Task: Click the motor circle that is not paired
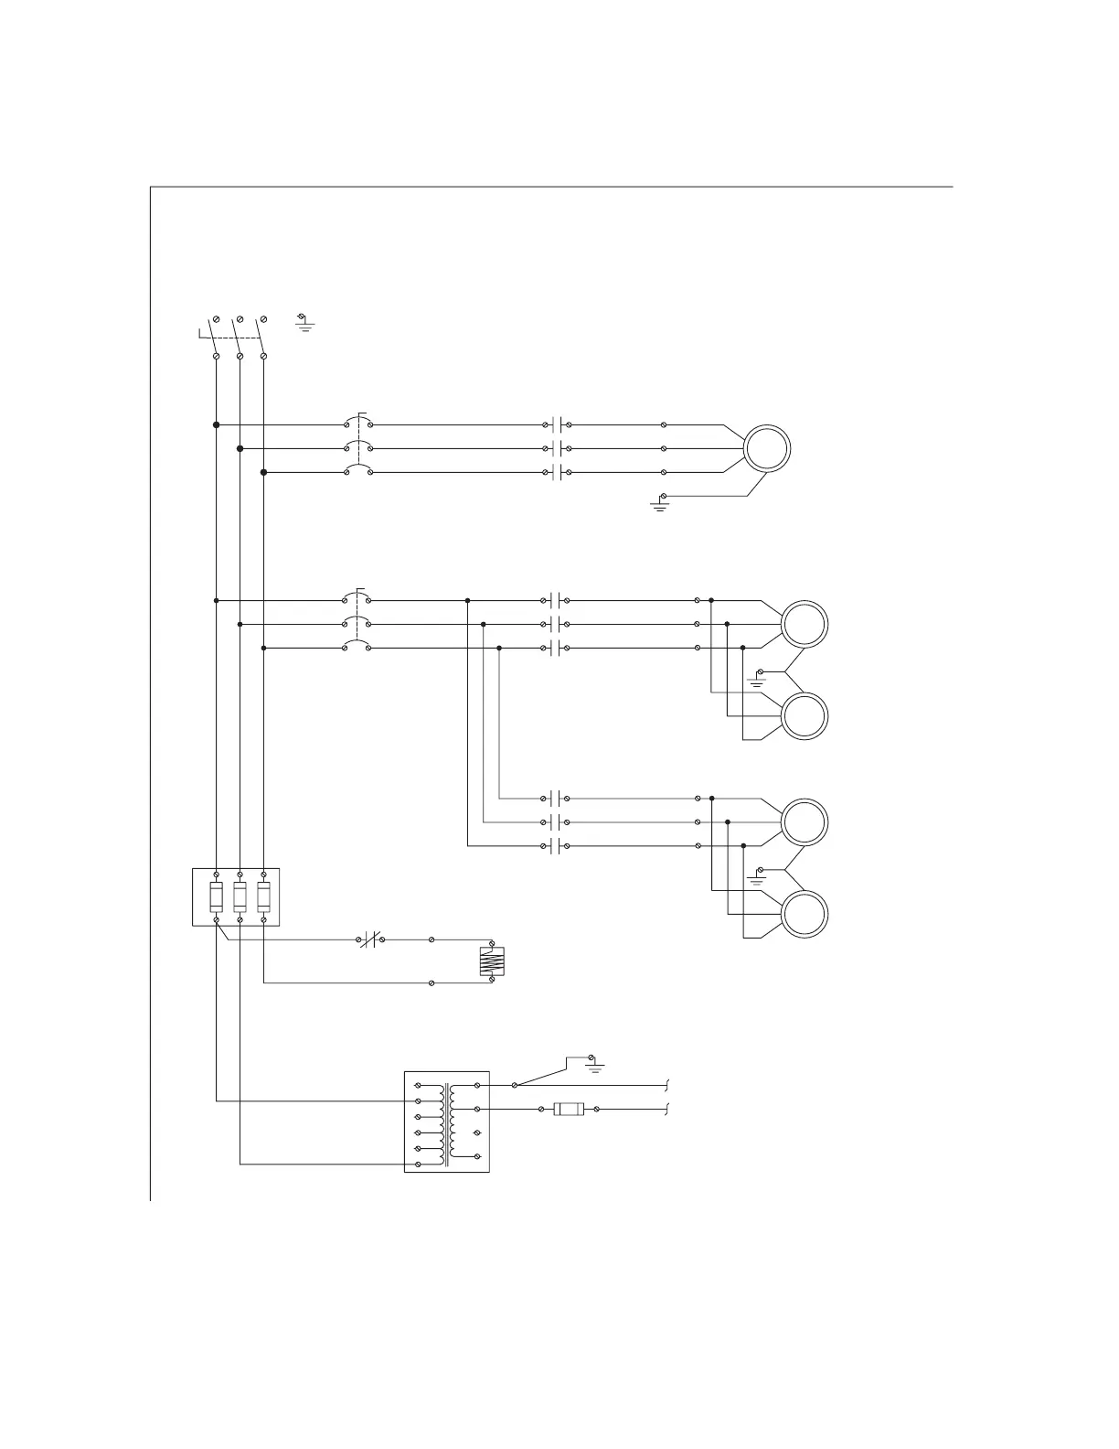(766, 448)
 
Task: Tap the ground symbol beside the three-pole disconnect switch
(304, 323)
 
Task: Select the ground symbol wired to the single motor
(659, 502)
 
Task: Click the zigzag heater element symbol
(492, 961)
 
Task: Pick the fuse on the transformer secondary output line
(569, 1109)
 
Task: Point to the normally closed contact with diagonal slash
(370, 939)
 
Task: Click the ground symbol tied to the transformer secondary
(595, 1065)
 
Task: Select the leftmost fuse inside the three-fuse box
(216, 897)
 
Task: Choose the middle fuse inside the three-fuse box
(240, 897)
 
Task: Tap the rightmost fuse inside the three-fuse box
(263, 897)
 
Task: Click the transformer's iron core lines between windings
(446, 1125)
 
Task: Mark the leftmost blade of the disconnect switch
(213, 336)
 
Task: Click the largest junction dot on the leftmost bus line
(216, 424)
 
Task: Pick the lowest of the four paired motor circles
(805, 914)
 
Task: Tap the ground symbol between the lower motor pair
(757, 877)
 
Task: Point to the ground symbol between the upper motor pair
(757, 678)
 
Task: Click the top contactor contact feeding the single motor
(557, 424)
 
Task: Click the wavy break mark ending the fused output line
(668, 1109)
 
